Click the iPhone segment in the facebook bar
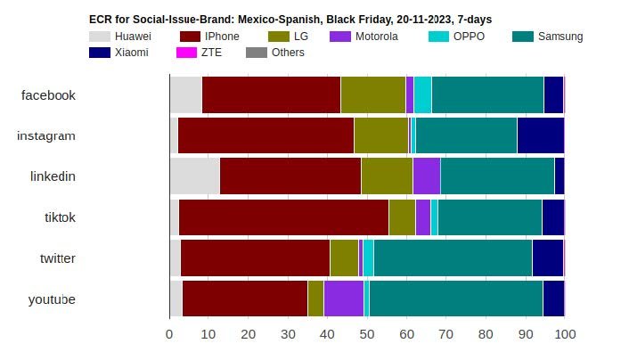272,94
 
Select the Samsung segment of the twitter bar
453,258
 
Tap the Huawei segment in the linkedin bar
194,176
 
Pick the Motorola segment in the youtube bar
343,298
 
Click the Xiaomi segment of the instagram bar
540,135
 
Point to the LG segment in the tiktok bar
402,217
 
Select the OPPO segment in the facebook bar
422,94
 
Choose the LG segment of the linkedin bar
387,176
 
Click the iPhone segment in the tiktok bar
283,217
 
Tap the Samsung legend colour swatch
523,37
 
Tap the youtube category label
52,299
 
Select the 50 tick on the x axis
367,335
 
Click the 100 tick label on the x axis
565,335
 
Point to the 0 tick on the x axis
169,335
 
